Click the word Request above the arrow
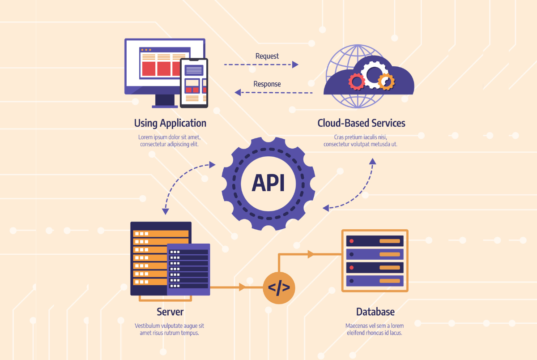tap(267, 56)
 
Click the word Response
tap(267, 84)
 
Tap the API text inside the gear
tap(268, 183)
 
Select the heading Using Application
tap(170, 123)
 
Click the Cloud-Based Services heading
tap(361, 123)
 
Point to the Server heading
tap(170, 312)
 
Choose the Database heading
tap(375, 312)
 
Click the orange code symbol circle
tap(279, 288)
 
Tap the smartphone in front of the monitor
tap(194, 83)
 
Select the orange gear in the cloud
tap(385, 81)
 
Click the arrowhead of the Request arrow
tap(295, 64)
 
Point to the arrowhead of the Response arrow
tap(238, 92)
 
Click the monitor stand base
tap(165, 107)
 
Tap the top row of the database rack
tap(375, 241)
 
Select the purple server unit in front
tap(188, 269)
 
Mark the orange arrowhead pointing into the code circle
tap(243, 287)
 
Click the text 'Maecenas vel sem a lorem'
tap(375, 326)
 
